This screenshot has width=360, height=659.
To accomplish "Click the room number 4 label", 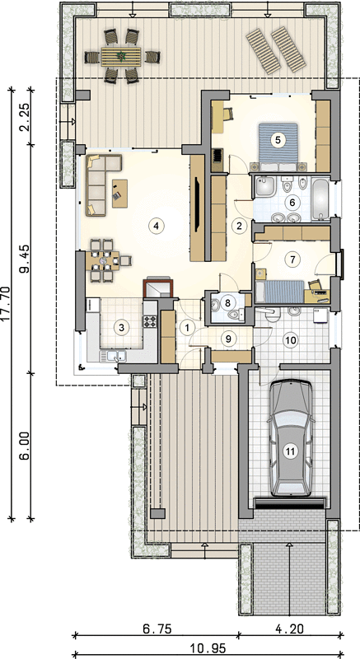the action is [156, 225].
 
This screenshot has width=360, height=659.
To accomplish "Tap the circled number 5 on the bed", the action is [277, 139].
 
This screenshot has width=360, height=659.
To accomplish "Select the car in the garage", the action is [290, 438].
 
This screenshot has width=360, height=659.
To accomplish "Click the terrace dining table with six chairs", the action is [121, 56].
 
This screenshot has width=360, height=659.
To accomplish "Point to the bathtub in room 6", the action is [321, 199].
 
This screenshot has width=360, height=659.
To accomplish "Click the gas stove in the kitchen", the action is [150, 320].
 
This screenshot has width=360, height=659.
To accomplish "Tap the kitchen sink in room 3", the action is [114, 357].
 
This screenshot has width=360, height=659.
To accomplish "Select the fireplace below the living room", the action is [158, 287].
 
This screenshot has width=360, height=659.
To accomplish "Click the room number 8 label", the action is [227, 301].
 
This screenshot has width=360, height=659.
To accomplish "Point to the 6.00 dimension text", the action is [26, 446].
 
